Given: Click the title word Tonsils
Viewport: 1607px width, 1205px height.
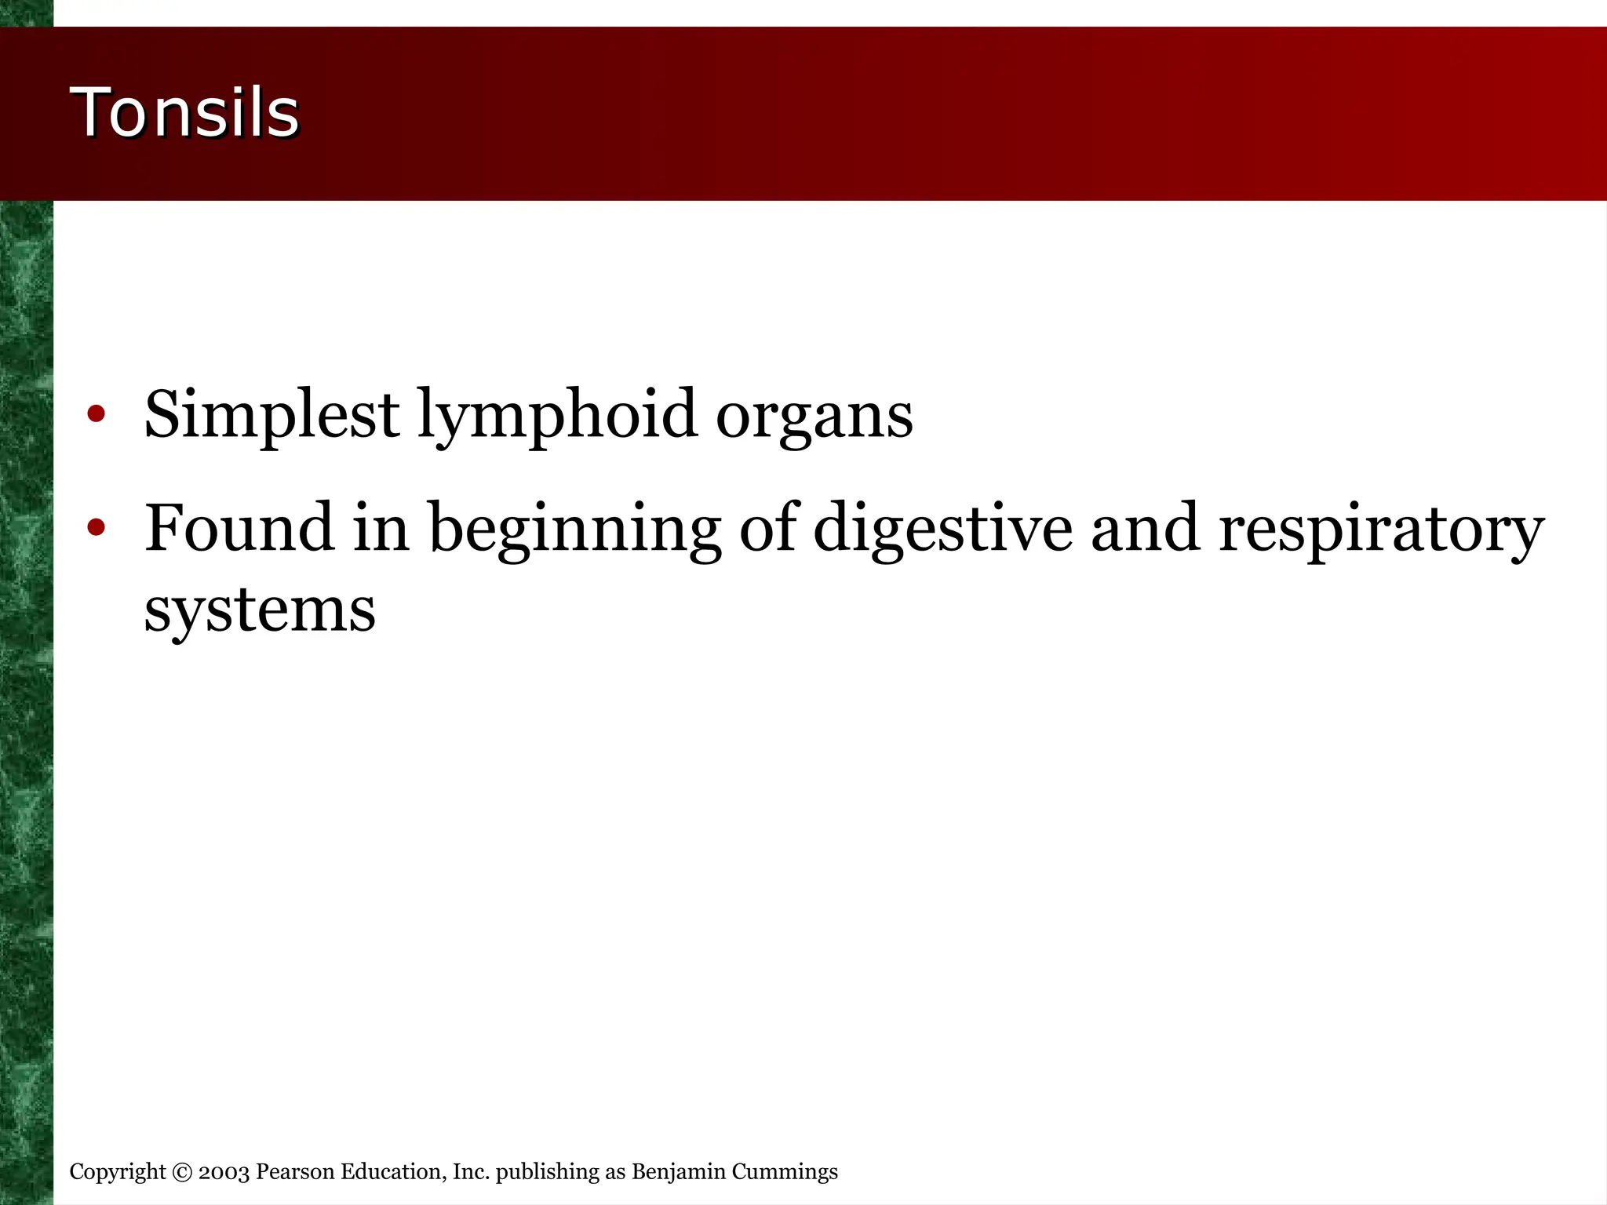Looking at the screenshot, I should (185, 113).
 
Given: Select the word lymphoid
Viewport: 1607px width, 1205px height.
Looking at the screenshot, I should (557, 416).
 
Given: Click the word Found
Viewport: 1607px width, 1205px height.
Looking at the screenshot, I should (239, 527).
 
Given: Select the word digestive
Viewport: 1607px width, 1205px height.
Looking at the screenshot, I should (942, 529).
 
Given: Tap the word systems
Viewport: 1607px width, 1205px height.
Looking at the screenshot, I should (260, 610).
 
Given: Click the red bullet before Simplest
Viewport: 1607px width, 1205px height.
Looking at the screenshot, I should (96, 413).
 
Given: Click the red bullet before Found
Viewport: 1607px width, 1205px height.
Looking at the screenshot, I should (96, 527).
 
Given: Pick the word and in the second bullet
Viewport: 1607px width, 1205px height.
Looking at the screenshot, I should (1145, 527).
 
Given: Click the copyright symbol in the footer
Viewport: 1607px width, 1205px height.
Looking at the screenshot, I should (182, 1172).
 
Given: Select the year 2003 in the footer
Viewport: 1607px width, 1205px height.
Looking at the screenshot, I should (224, 1172).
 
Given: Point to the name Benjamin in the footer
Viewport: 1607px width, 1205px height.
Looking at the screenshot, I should (679, 1172).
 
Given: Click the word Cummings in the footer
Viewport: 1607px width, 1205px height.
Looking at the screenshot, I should (785, 1172).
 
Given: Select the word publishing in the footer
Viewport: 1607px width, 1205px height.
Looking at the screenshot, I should (547, 1172).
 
